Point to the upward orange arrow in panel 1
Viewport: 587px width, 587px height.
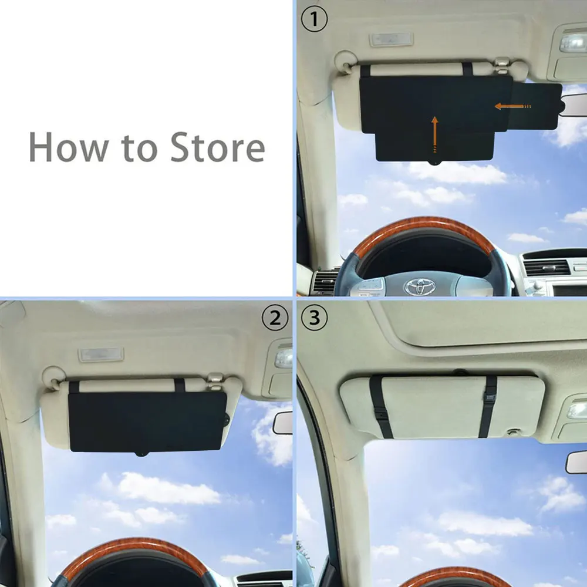[434, 131]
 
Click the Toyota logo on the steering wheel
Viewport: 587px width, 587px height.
[420, 286]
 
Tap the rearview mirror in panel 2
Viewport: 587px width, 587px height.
[284, 423]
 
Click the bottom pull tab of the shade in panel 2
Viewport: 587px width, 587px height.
[141, 453]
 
